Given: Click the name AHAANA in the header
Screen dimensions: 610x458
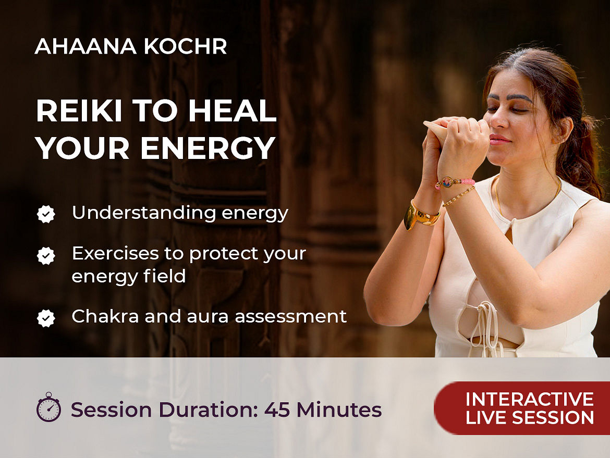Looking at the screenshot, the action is (x=86, y=46).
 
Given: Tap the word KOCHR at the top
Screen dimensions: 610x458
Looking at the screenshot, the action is (x=185, y=46).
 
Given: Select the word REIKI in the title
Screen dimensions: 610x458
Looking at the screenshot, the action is (x=79, y=111).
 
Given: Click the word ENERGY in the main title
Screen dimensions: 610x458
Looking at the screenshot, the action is (x=208, y=148).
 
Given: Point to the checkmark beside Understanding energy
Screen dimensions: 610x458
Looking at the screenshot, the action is (x=46, y=214).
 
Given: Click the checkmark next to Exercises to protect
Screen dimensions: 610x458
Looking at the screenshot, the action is (x=46, y=256).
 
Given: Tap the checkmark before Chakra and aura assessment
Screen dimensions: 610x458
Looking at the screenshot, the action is (x=46, y=318).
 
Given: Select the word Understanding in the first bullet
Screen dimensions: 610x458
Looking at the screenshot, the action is (x=143, y=213).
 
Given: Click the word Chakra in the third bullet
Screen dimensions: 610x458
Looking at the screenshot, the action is (x=105, y=316).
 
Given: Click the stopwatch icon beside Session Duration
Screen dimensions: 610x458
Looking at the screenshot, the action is (x=48, y=407).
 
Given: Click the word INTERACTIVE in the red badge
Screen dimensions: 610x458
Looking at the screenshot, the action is (x=530, y=399).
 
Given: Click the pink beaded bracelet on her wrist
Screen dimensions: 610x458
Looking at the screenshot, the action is (x=455, y=182).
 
